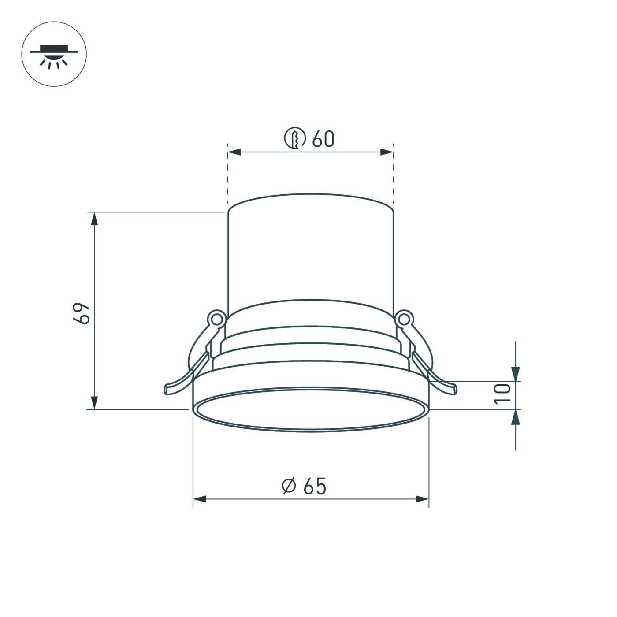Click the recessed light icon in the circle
click(x=54, y=54)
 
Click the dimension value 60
click(x=323, y=139)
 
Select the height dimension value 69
click(x=82, y=313)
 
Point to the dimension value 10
click(x=502, y=393)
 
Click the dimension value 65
click(x=315, y=486)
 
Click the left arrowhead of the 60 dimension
click(x=234, y=152)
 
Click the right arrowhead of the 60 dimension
click(x=387, y=152)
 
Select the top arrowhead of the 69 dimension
click(x=94, y=219)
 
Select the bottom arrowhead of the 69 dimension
click(x=94, y=403)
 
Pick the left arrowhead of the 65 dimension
click(x=200, y=499)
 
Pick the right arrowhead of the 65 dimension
click(x=422, y=499)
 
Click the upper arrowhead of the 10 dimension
click(x=515, y=374)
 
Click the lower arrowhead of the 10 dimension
click(x=515, y=416)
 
